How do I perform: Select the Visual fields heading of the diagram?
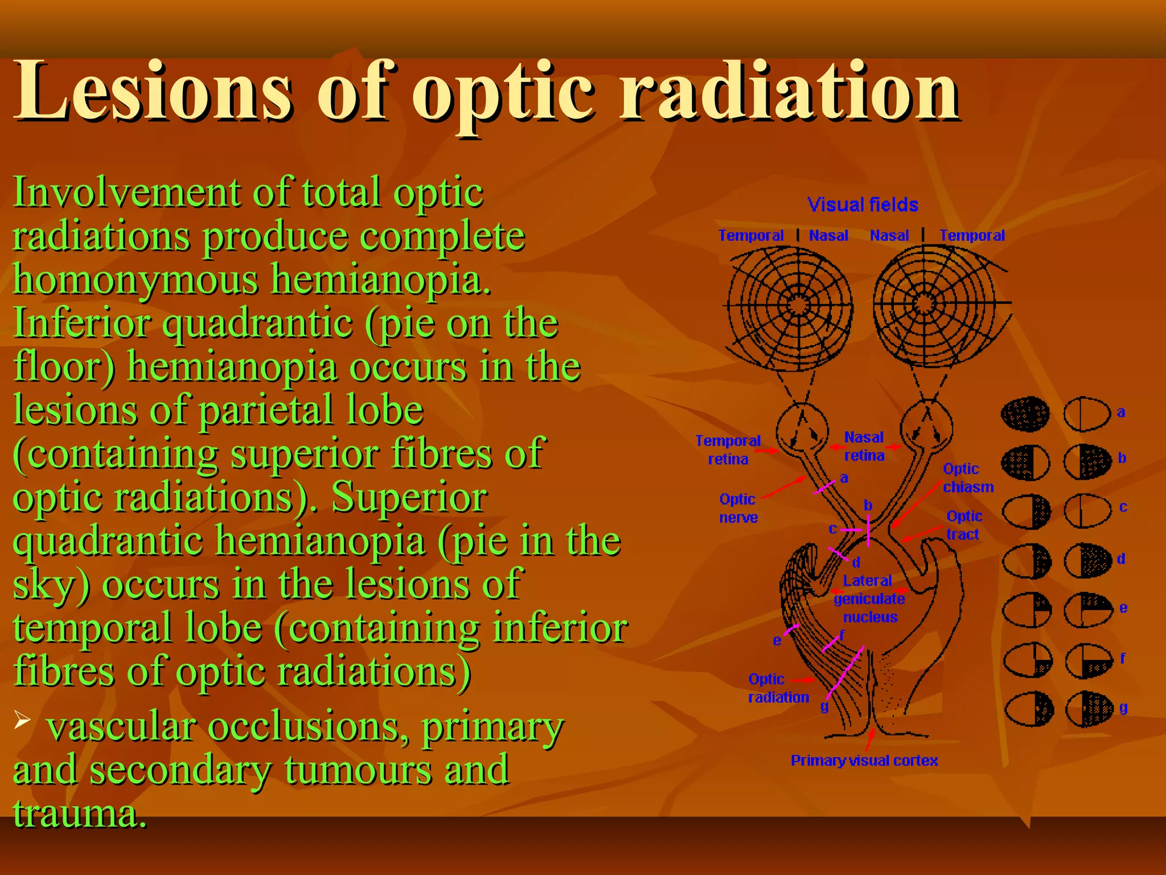click(863, 205)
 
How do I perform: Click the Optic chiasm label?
click(967, 478)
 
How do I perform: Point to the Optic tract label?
click(963, 525)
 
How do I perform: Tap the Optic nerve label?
click(738, 508)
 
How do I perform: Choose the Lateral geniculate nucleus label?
click(869, 599)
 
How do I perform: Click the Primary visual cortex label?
click(864, 760)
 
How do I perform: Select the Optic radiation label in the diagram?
click(778, 688)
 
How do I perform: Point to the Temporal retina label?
click(728, 449)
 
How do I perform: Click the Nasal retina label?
click(864, 446)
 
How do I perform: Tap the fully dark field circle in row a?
click(1025, 413)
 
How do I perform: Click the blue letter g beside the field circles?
click(1123, 708)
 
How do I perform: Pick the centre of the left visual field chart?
click(798, 305)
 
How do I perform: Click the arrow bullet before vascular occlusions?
click(22, 720)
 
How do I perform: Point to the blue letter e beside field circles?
click(1123, 608)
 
